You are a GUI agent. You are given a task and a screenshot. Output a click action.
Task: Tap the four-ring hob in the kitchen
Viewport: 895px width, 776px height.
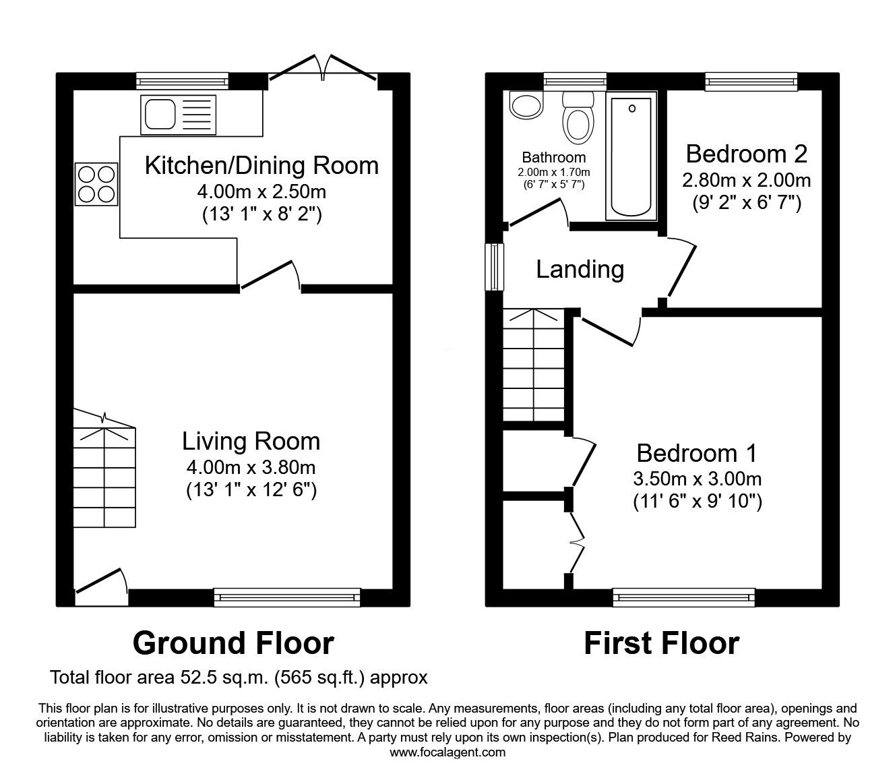coord(96,185)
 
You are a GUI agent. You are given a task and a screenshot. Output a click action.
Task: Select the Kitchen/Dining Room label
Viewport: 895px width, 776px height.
coord(261,165)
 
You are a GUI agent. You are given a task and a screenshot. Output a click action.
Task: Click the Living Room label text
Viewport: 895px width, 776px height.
coord(251,442)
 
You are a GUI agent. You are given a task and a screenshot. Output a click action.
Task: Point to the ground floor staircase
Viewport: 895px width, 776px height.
coord(104,472)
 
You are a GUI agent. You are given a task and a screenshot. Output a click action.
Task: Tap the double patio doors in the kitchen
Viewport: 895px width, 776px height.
coord(323,69)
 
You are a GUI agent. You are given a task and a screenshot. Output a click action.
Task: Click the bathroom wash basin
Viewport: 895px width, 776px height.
coord(526,105)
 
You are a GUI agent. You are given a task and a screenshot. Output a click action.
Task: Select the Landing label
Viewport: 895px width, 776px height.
coord(580,270)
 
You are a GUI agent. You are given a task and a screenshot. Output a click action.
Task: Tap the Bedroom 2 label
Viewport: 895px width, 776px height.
coord(746,154)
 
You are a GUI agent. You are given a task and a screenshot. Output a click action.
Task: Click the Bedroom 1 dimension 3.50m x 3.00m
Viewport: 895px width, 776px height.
coord(697,479)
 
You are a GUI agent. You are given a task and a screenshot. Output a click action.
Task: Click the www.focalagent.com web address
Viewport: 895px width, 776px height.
coord(448,752)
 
